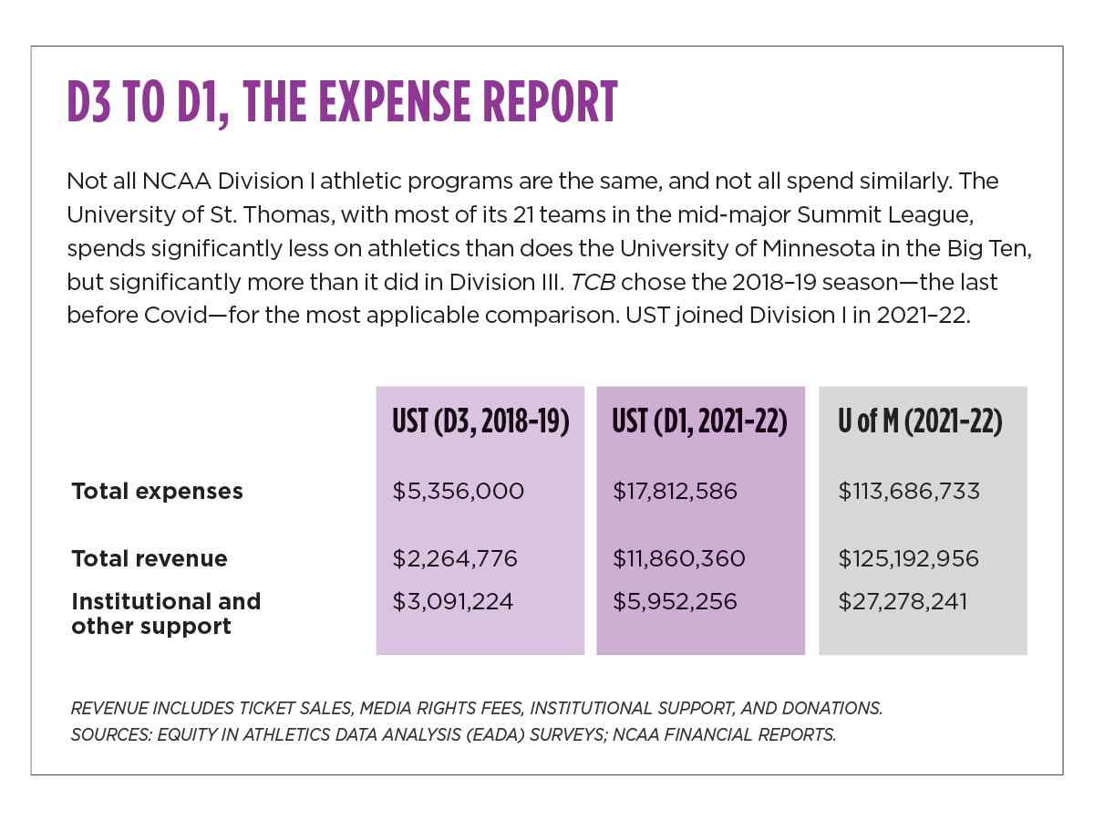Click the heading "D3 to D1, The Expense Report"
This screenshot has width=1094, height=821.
pos(342,102)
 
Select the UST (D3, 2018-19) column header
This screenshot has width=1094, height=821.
pos(480,424)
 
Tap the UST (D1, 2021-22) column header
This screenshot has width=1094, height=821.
pos(700,424)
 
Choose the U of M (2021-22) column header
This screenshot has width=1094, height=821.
pos(922,424)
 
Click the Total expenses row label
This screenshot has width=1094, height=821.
pos(157,492)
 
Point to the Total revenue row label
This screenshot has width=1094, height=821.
pos(150,558)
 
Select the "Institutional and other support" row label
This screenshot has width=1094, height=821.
pos(166,614)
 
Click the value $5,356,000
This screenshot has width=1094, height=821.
pos(459,492)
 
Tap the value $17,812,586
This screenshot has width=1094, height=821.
pos(676,492)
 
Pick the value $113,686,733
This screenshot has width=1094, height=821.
pos(909,492)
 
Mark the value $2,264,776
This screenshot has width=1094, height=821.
pos(455,558)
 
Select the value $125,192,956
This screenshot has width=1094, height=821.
pos(909,558)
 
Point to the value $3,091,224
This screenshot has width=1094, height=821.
pos(453,602)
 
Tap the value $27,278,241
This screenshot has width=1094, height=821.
pos(903,602)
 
